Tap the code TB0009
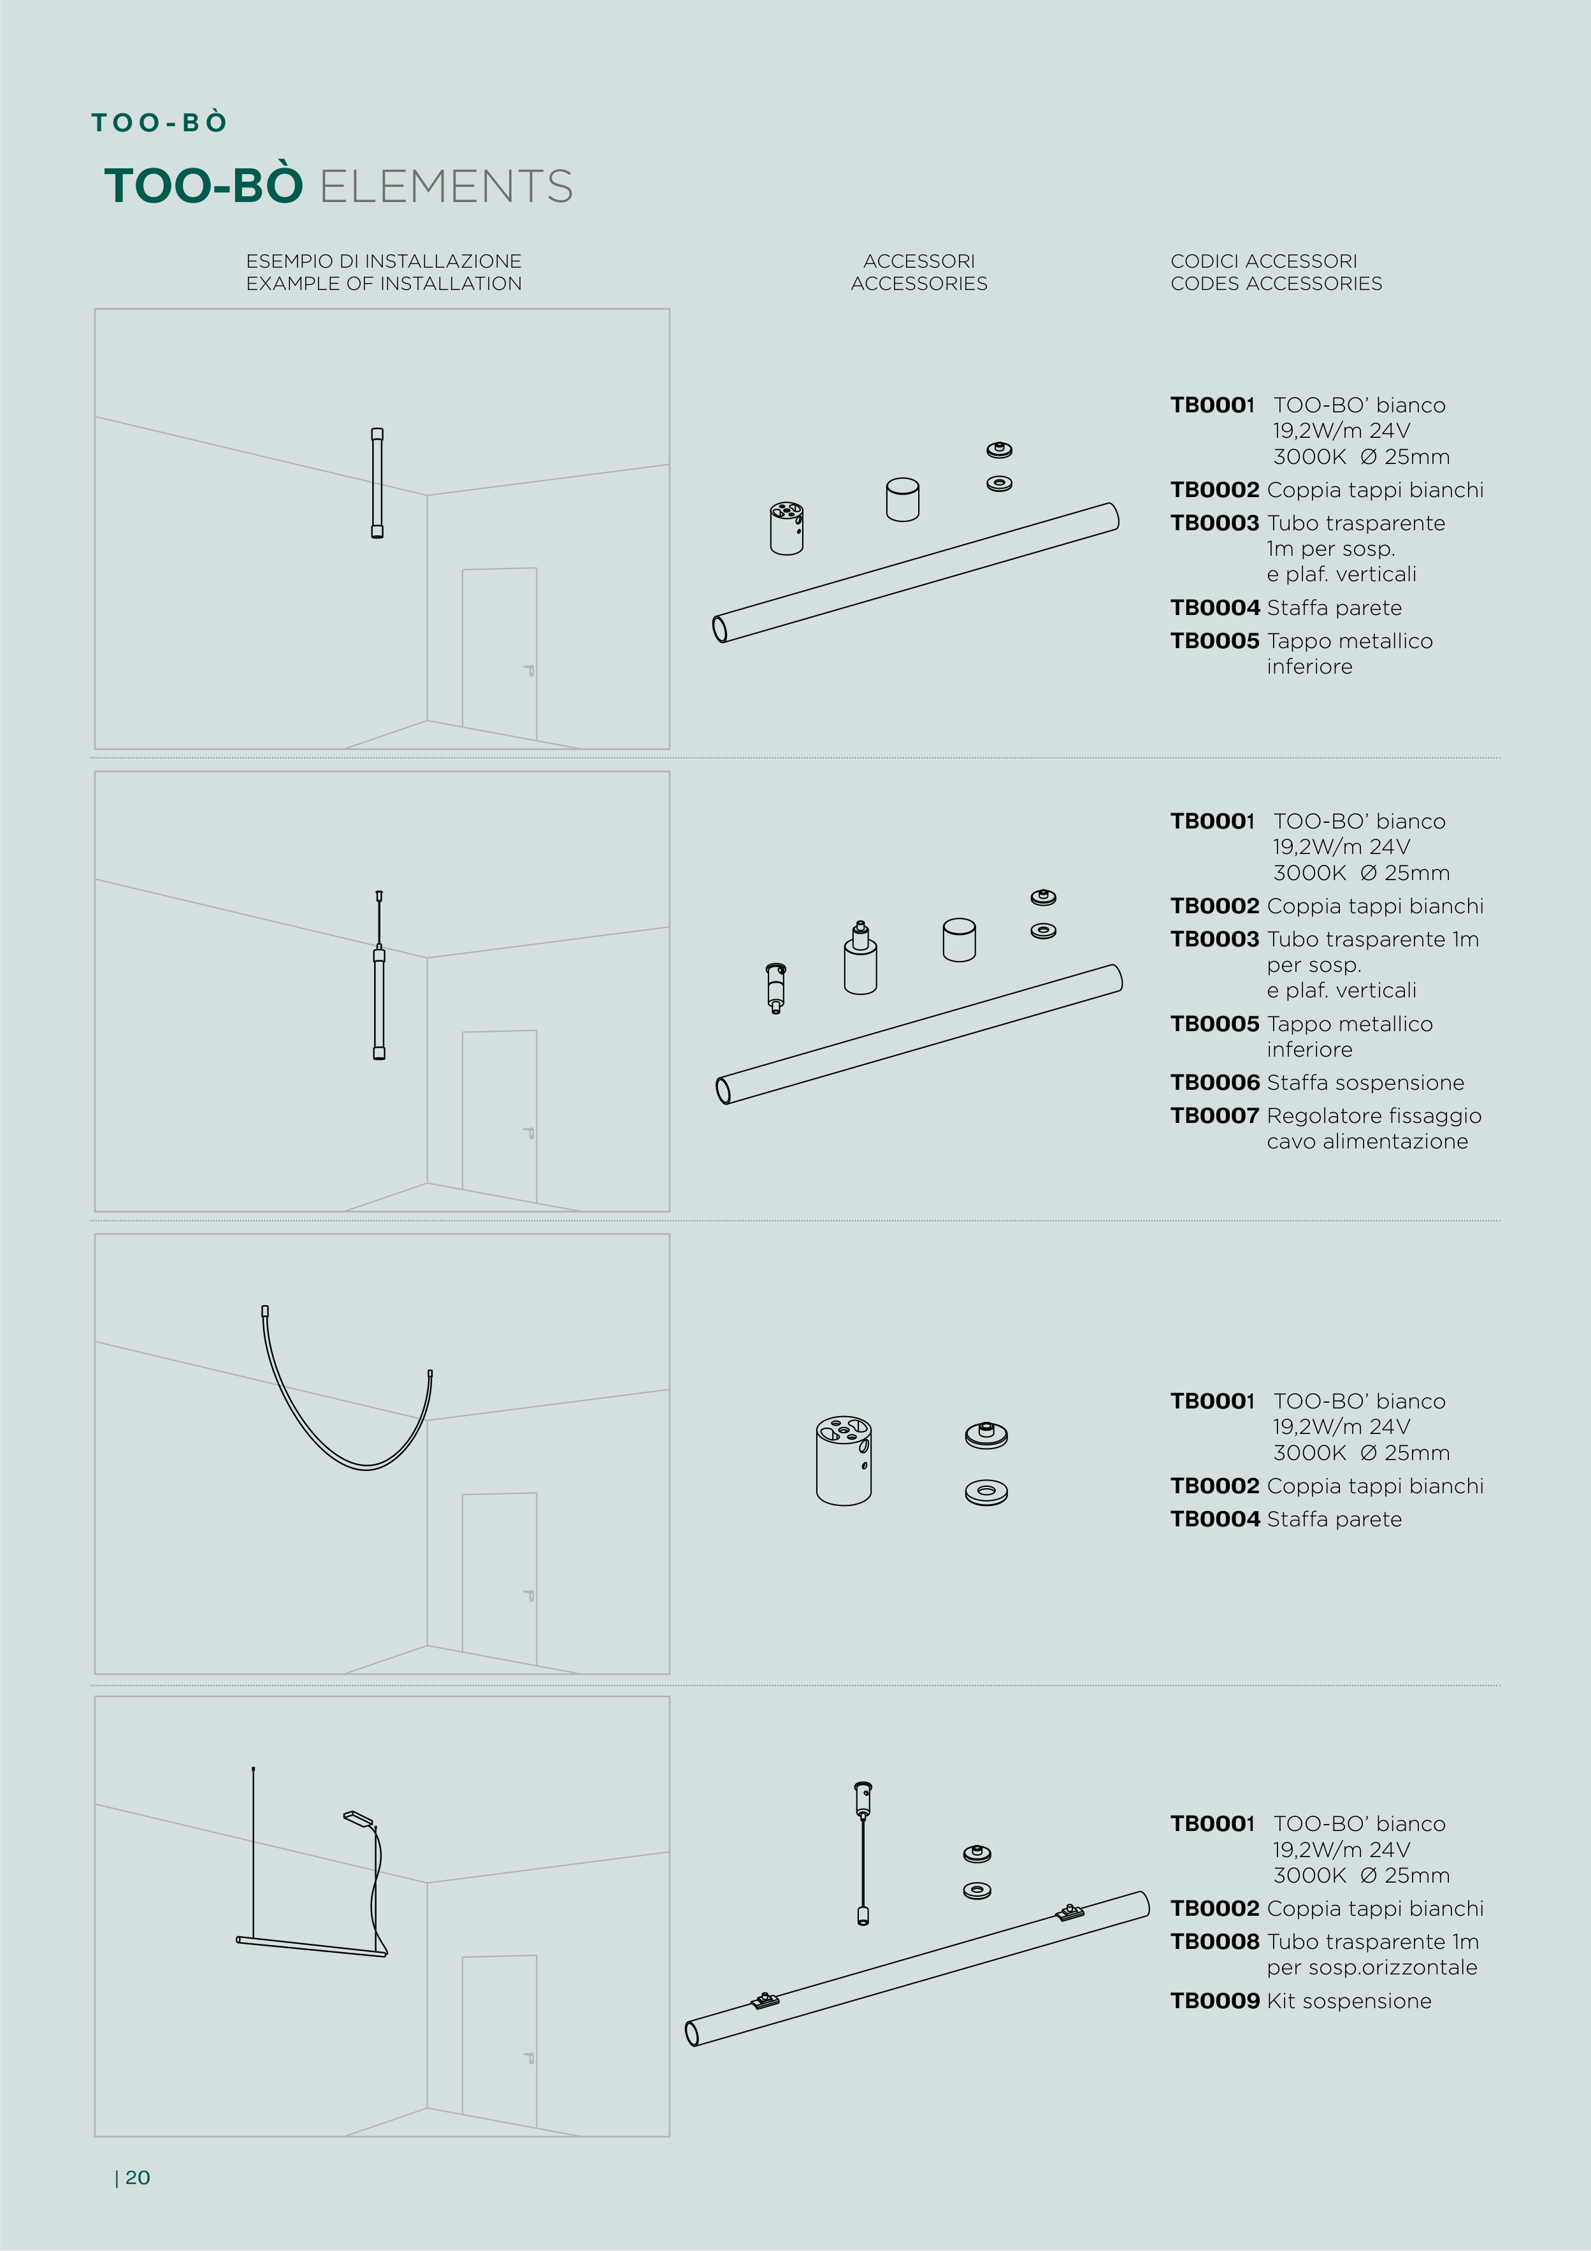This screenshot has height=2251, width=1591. click(x=1214, y=2001)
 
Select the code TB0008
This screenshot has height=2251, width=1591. click(x=1214, y=1941)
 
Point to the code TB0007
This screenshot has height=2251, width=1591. click(x=1214, y=1116)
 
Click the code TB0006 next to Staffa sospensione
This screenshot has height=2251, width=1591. click(x=1214, y=1082)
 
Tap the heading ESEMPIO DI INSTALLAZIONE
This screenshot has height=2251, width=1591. click(x=384, y=261)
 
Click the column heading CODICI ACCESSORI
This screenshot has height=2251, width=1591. click(x=1263, y=261)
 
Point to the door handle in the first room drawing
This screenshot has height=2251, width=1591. click(x=528, y=670)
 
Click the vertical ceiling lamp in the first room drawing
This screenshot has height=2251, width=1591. click(x=377, y=482)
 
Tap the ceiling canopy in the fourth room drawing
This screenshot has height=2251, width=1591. click(x=359, y=1819)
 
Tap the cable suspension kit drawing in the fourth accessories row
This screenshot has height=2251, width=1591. click(x=863, y=1853)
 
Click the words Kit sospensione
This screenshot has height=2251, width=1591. click(x=1349, y=2001)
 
